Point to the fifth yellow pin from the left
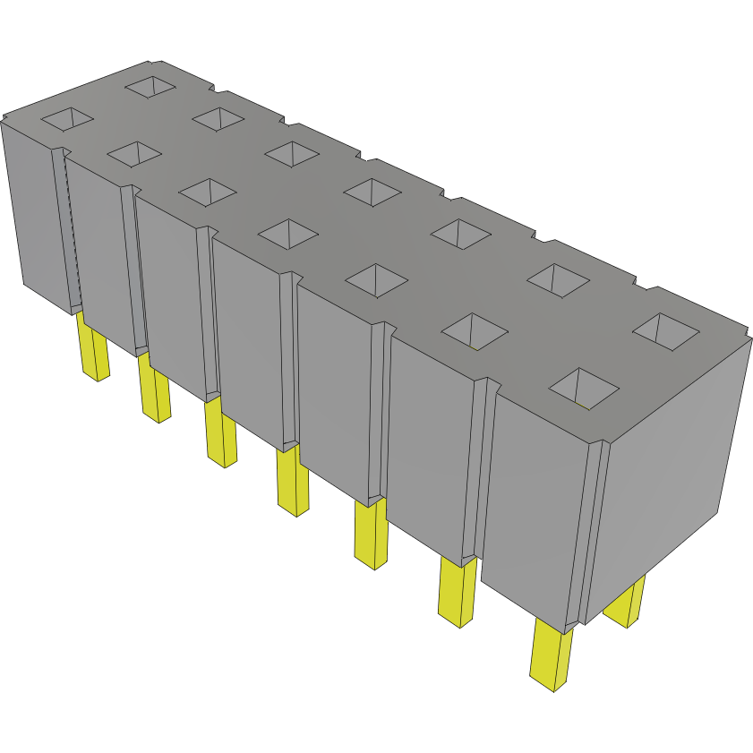click(x=369, y=535)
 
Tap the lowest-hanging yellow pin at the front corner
click(x=552, y=656)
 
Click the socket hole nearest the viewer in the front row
click(x=583, y=387)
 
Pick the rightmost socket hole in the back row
click(x=666, y=331)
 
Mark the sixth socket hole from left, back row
click(x=558, y=280)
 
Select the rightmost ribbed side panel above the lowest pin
click(x=534, y=501)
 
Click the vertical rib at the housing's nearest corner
click(x=591, y=528)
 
